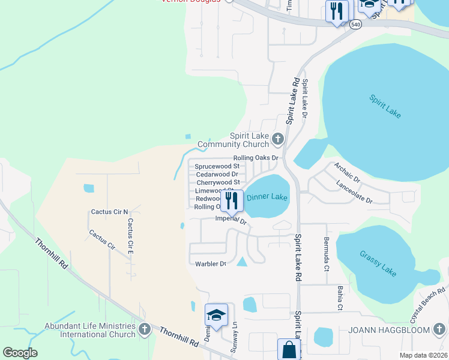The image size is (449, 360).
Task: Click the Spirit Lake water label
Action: coord(385,106)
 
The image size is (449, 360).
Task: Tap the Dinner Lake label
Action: coord(268,197)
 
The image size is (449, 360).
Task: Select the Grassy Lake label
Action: coord(379,263)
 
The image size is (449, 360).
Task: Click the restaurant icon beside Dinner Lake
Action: coord(232,200)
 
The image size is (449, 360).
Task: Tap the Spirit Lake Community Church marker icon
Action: coord(277,140)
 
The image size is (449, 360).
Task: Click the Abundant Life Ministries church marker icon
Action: coord(144,329)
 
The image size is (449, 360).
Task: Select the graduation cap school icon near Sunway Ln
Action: coord(216,314)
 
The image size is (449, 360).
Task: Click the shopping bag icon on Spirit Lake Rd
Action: coord(288,349)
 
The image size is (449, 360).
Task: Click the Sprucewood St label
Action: coord(217,166)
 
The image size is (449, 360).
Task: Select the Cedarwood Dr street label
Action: coord(217,174)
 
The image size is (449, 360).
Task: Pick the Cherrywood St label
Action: coord(218,182)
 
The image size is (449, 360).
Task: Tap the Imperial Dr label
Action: coord(231,220)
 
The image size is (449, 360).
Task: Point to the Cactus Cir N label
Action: coord(109,212)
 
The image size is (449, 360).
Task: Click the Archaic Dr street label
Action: coord(348,171)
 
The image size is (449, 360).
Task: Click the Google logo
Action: coord(20,353)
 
